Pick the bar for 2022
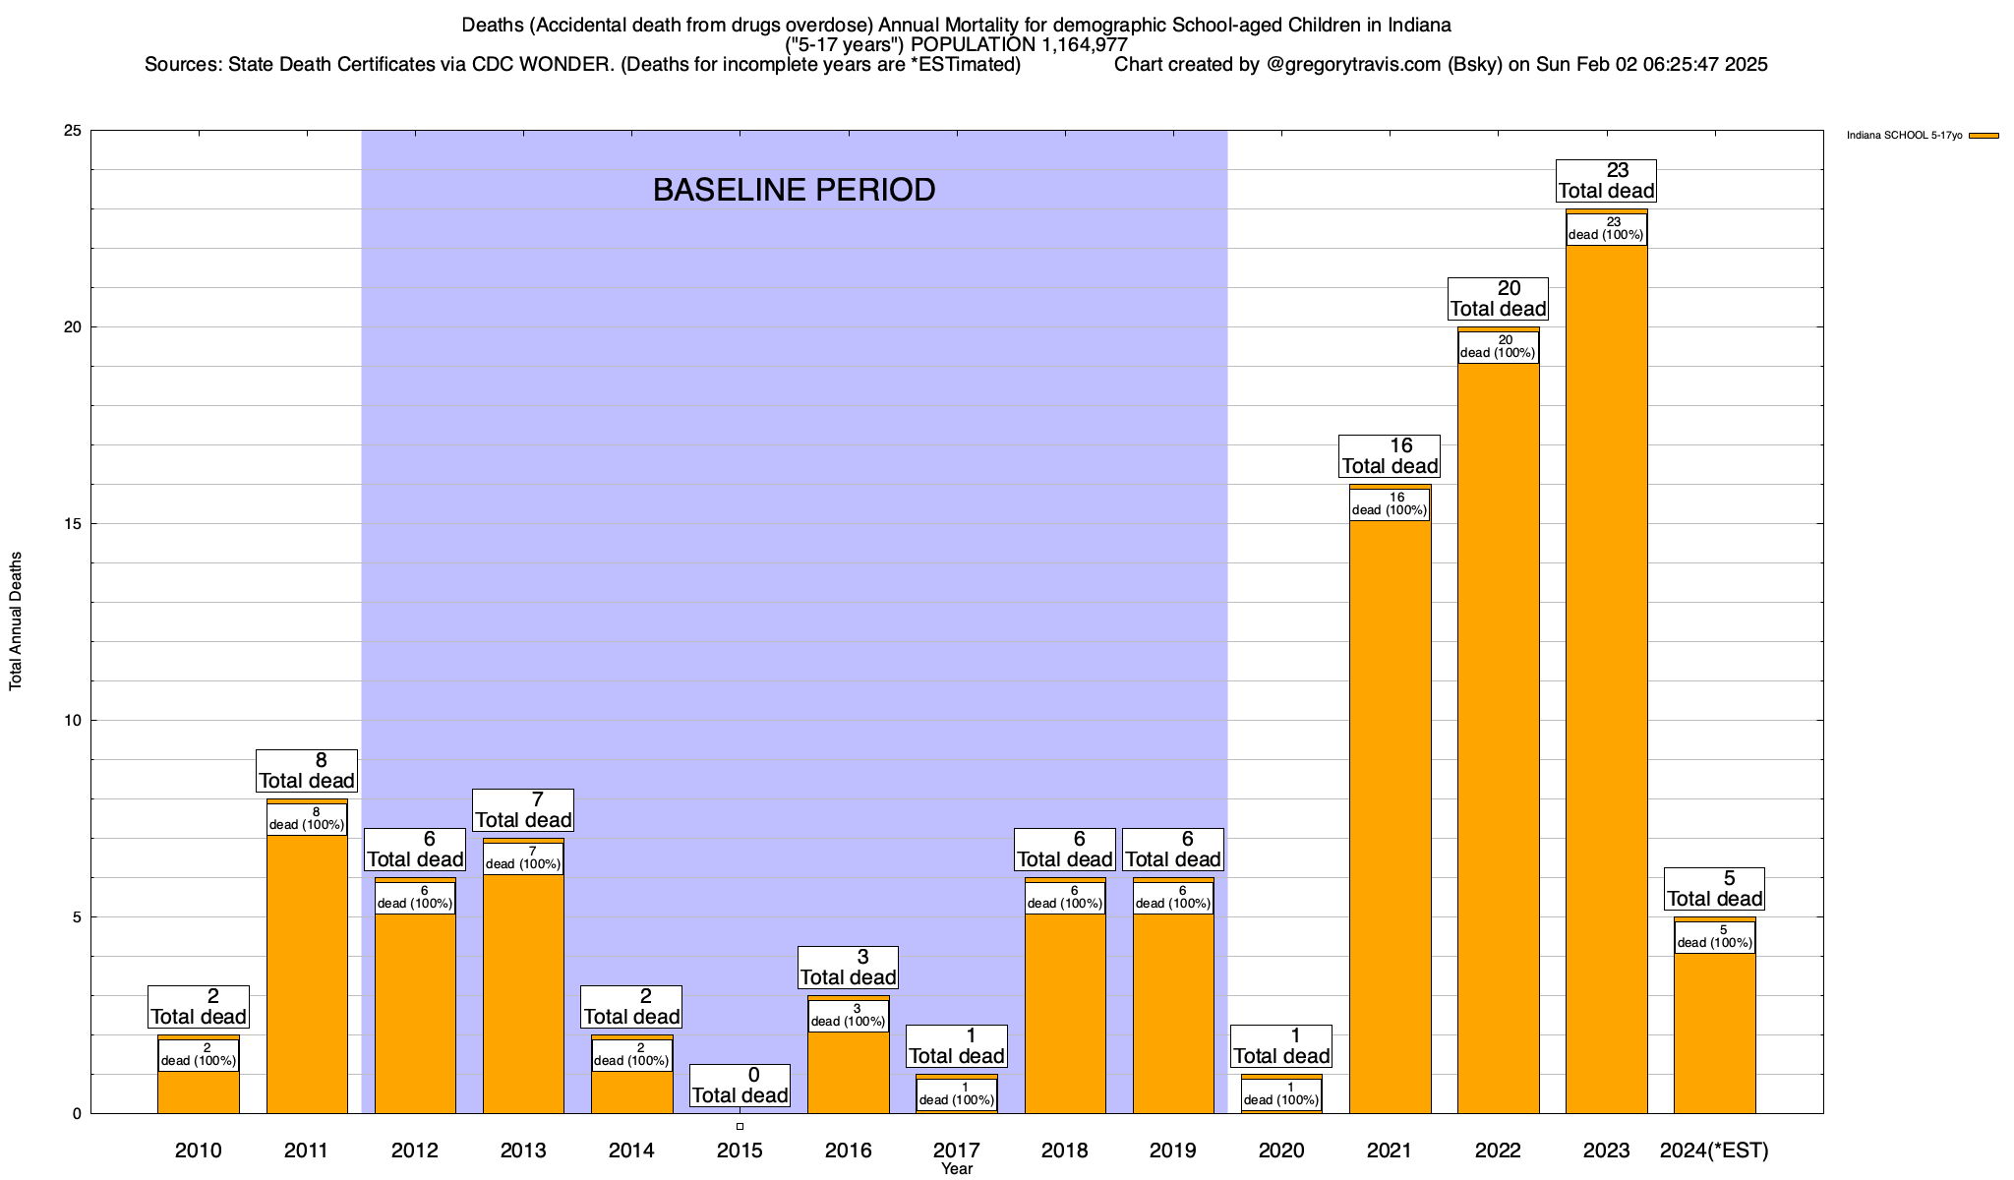[1498, 737]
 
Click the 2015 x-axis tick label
[740, 1150]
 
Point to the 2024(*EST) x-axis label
[1714, 1150]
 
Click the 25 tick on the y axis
[73, 131]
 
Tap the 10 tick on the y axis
[73, 721]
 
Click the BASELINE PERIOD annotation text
[794, 190]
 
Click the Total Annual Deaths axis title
[16, 621]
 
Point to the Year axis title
[956, 1169]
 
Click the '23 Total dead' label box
[1606, 181]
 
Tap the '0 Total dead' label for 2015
[740, 1086]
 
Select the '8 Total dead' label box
[307, 771]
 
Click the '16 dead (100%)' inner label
[1390, 504]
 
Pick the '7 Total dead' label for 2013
[523, 810]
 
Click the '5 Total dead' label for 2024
[1714, 889]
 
